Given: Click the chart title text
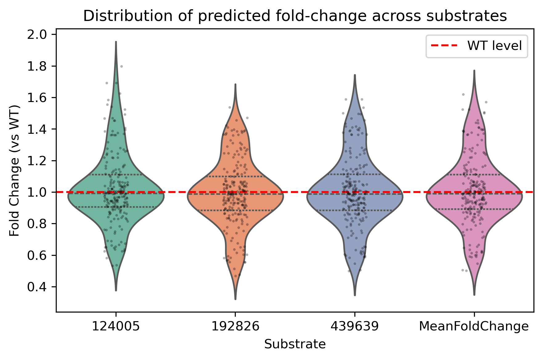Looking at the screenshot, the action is [295, 16].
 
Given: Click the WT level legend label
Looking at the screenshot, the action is [495, 46].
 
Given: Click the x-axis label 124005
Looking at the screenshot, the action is [116, 326].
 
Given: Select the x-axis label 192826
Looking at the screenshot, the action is [235, 326].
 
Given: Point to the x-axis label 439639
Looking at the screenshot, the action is [355, 326].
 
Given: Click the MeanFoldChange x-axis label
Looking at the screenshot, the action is [474, 326].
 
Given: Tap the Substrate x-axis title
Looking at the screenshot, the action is [295, 344].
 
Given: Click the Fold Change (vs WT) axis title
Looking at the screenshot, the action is [14, 171].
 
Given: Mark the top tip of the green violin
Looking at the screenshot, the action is [116, 42].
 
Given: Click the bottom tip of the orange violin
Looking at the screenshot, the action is [235, 299].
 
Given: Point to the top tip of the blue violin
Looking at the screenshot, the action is [355, 75].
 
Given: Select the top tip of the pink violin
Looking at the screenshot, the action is [474, 71].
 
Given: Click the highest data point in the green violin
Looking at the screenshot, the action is [121, 66].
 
